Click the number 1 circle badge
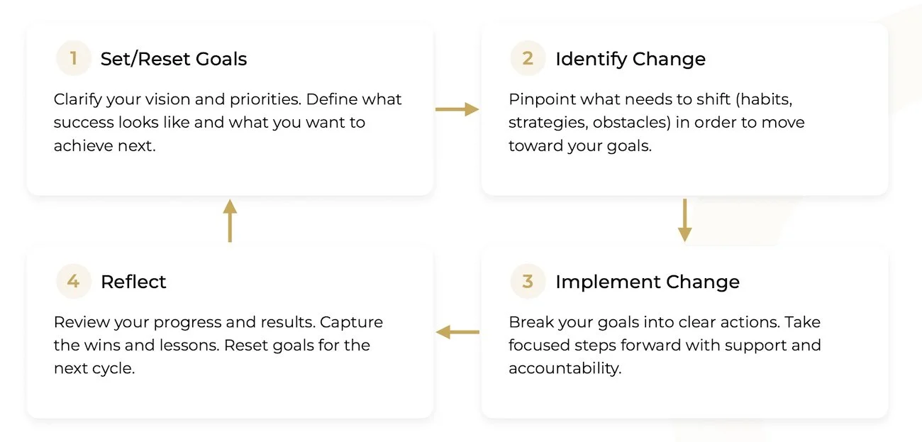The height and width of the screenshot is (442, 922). point(73,58)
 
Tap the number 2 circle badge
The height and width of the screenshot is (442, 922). point(528,58)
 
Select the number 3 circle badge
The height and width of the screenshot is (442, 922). point(528,281)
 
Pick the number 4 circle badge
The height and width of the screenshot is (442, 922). point(73,281)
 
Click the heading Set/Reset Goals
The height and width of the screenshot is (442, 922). point(174,59)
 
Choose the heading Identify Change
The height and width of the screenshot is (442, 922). point(630,59)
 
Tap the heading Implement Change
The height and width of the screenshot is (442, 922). point(647,282)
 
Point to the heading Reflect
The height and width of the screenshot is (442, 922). point(133,282)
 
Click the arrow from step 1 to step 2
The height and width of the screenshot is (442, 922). point(457,109)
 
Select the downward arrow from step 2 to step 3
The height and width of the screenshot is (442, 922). point(684,220)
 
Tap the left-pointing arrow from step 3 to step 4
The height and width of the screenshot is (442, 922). point(457,331)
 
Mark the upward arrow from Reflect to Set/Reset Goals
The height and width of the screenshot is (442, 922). point(229,221)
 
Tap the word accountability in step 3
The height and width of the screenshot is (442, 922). point(565,369)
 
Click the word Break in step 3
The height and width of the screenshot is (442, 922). point(528,322)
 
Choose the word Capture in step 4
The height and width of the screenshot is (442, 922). point(351,322)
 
